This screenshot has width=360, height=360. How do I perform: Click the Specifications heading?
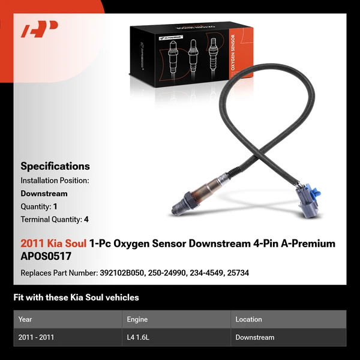point(55,166)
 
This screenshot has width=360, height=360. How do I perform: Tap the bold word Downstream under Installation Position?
point(44,194)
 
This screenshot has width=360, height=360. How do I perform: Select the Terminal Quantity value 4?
point(86,220)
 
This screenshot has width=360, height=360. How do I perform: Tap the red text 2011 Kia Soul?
point(53,244)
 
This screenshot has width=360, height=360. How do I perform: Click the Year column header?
point(25,319)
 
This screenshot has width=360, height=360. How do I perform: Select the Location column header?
point(248,319)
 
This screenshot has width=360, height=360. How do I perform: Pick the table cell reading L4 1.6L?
point(139,337)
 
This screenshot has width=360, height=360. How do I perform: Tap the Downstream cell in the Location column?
point(254,337)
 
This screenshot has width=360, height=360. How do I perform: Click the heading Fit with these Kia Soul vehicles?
point(76,298)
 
